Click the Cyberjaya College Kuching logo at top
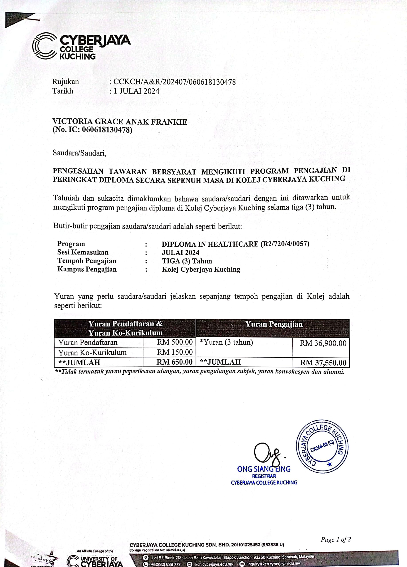[x=81, y=46]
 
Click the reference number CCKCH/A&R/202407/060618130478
[x=174, y=82]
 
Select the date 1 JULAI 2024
[x=136, y=91]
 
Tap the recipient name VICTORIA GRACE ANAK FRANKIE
[x=119, y=122]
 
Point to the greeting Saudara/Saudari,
[x=80, y=153]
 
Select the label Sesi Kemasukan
[x=83, y=252]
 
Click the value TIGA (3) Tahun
[x=187, y=261]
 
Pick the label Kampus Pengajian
[x=87, y=269]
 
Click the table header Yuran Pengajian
[x=274, y=324]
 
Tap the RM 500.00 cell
[x=175, y=342]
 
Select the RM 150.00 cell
[x=175, y=352]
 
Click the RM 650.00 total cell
[x=174, y=362]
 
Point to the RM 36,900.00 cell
[x=323, y=343]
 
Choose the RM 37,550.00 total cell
[x=323, y=363]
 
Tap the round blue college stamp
[x=322, y=447]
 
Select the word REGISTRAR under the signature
[x=264, y=476]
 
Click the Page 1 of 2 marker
[x=335, y=540]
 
